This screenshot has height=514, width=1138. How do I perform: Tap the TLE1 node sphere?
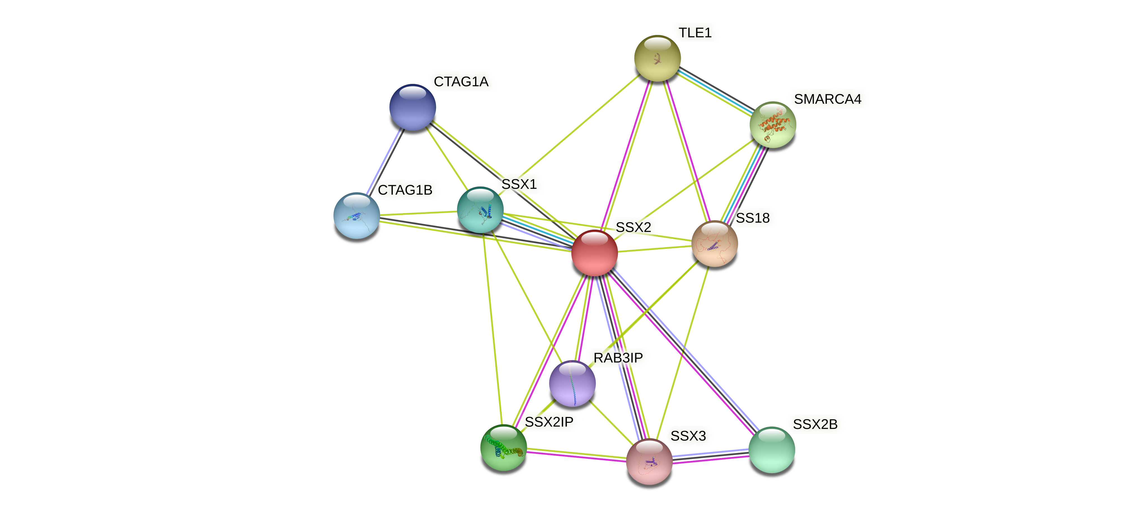657,58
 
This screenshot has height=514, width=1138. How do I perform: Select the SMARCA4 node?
773,124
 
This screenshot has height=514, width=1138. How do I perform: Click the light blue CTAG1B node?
356,216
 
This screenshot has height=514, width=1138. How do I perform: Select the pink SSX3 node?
649,461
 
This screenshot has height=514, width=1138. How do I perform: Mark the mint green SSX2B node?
771,449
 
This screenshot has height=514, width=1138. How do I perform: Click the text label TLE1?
695,33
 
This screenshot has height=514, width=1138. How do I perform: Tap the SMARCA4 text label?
827,99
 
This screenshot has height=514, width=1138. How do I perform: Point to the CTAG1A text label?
461,82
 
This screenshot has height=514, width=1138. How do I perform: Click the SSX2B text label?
815,424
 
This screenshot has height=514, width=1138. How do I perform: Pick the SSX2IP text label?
549,422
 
